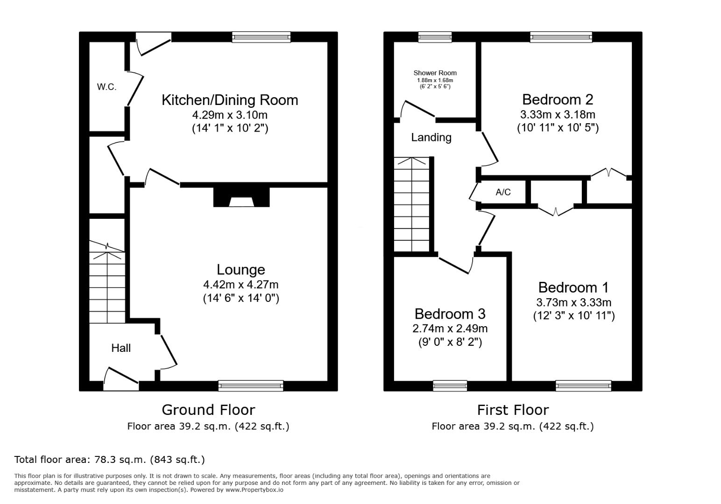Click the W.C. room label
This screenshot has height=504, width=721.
(106, 87)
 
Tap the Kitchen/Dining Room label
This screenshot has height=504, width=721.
(230, 100)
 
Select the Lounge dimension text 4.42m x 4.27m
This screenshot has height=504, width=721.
(241, 285)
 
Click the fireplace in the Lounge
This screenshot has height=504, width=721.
(241, 197)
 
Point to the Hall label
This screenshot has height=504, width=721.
(121, 348)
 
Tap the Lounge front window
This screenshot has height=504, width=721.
(251, 385)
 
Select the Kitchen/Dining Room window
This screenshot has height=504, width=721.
(262, 37)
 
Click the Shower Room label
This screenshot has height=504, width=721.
(435, 73)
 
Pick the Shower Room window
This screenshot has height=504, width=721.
(435, 37)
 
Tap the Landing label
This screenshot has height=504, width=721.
(431, 138)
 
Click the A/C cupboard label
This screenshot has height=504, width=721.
(503, 192)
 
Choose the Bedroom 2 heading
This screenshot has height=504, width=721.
(558, 99)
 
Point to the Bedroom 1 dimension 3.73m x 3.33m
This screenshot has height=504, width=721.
(574, 302)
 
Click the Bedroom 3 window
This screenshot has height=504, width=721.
(450, 385)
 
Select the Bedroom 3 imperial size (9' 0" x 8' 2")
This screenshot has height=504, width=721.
(450, 342)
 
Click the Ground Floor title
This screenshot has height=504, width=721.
(208, 410)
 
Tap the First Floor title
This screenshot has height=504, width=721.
(513, 410)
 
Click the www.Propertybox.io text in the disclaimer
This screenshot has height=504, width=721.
(254, 490)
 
